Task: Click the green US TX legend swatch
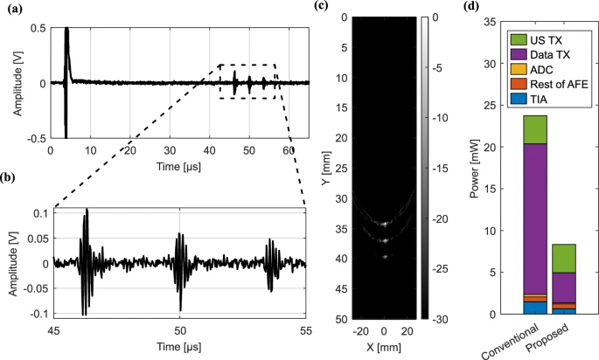[x=519, y=40]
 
